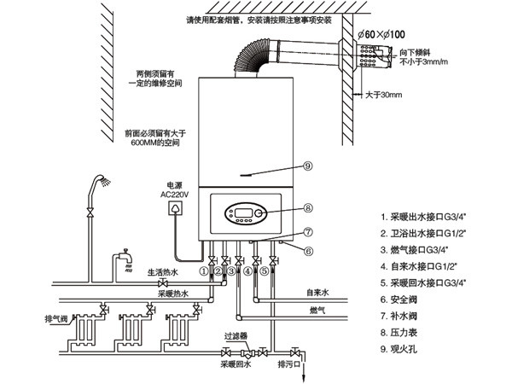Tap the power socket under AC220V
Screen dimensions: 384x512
pos(177,207)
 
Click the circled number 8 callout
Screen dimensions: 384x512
pos(308,207)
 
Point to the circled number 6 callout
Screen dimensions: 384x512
pos(309,250)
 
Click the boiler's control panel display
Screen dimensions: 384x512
pos(241,212)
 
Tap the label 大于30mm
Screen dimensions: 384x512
pos(383,95)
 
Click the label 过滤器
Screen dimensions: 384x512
pos(236,336)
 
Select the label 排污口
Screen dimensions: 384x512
pos(290,364)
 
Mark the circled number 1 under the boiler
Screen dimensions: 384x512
pos(204,272)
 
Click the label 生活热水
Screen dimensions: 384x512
pos(161,272)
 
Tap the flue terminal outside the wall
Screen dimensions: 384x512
pos(370,57)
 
